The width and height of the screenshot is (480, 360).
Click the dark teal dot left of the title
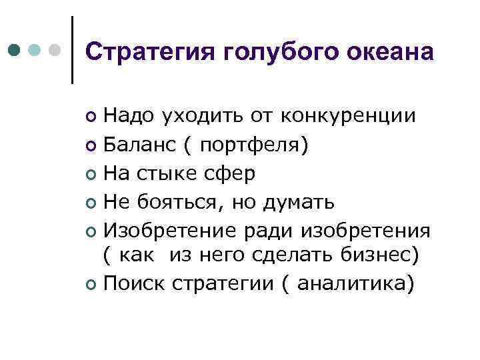pyautogui.click(x=15, y=50)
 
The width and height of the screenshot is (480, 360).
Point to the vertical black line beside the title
pyautogui.click(x=72, y=50)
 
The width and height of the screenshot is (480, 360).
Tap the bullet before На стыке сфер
pyautogui.click(x=91, y=175)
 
